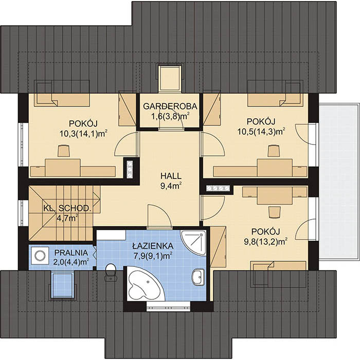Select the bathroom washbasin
click(x=197, y=277)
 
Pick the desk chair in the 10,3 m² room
click(x=63, y=151)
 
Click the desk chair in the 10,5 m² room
click(x=273, y=150)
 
